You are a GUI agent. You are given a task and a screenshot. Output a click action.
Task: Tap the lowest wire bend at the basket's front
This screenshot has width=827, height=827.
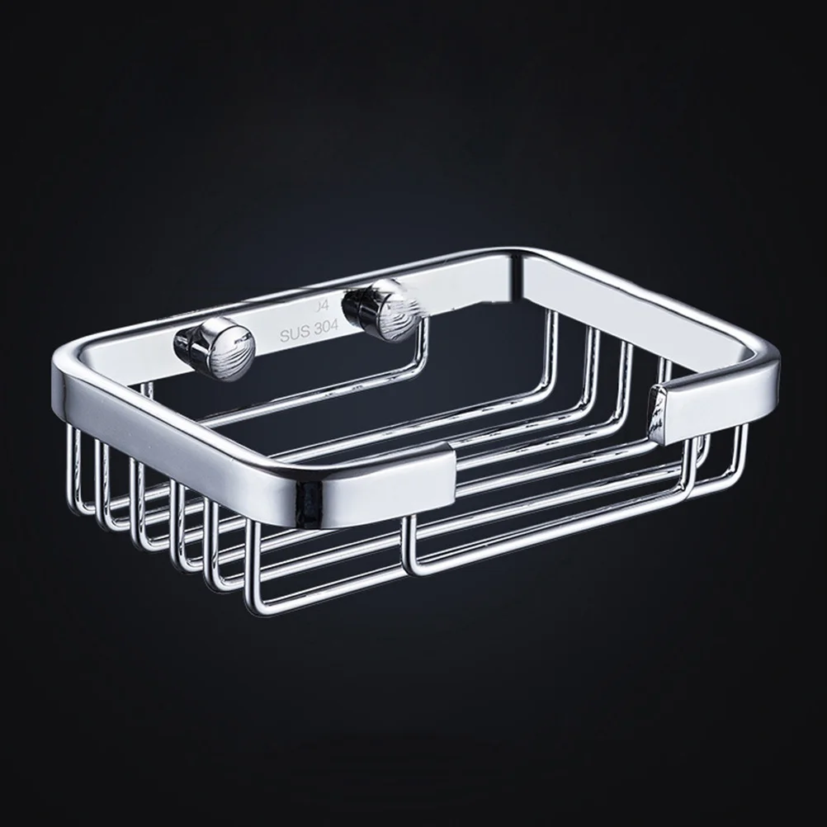point(252,607)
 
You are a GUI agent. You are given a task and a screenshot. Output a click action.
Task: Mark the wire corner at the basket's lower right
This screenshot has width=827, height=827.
point(685,495)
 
